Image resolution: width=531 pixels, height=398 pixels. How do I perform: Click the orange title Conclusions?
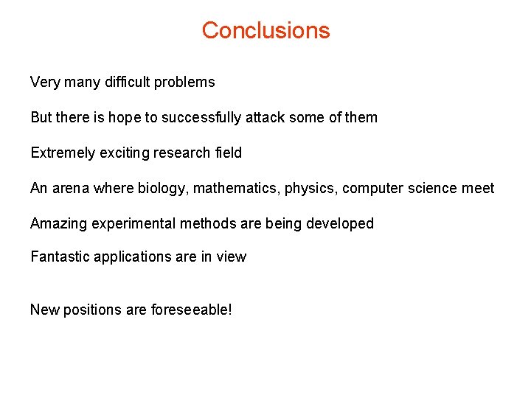(x=265, y=30)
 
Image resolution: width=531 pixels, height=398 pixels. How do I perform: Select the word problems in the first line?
(x=185, y=83)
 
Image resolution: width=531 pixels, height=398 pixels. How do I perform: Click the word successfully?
(x=201, y=117)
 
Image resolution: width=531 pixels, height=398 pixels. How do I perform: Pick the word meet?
(x=478, y=188)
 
